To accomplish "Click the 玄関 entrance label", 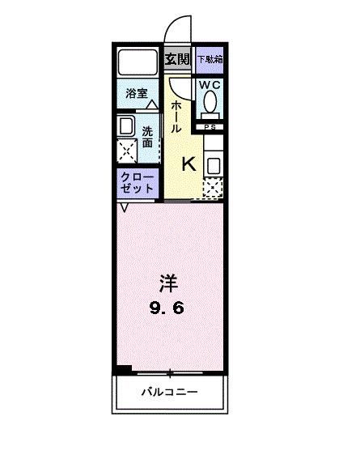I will point(178,59).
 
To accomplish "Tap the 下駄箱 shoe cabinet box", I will point(210,59).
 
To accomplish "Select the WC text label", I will point(210,84).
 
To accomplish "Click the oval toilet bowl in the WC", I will point(210,102).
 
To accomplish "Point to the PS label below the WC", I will point(210,126).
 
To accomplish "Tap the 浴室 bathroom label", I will point(136,94).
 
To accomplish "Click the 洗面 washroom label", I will point(147,137).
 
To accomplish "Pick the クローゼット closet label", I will point(137,183).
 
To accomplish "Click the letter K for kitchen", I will point(188,164).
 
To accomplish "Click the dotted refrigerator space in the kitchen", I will point(211,189).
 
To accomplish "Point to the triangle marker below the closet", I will point(124,208).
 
